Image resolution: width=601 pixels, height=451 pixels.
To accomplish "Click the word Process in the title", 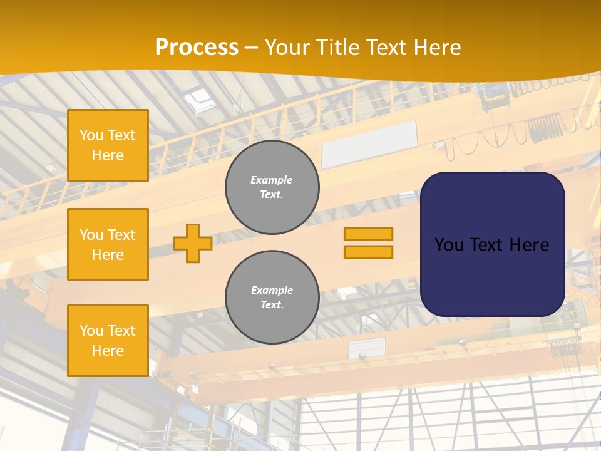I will [x=197, y=48].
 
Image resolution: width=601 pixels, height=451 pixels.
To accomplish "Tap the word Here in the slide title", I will [x=438, y=48].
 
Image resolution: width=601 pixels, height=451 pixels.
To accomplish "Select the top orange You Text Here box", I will [x=108, y=145].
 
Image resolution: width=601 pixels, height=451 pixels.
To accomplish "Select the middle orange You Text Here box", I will [x=108, y=244].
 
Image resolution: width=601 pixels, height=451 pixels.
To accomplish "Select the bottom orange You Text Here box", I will [x=108, y=341].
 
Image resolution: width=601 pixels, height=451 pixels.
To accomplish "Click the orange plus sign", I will [x=193, y=243].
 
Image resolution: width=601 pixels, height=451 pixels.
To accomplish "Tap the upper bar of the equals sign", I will [x=368, y=234].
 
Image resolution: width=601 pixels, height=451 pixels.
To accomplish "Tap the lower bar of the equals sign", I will [x=368, y=252].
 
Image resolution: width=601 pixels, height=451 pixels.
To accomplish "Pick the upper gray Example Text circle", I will [x=272, y=187].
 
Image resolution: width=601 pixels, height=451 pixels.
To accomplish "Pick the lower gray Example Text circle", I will [x=272, y=297].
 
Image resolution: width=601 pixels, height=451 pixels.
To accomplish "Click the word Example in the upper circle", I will [x=272, y=180].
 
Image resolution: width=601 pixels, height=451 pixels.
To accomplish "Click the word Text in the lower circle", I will [x=272, y=305].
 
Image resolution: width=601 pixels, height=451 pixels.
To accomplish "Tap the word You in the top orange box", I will [x=91, y=135].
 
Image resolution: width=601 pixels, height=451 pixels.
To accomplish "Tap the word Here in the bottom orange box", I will [x=108, y=351].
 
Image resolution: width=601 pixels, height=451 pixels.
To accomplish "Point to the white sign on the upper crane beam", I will [x=369, y=144].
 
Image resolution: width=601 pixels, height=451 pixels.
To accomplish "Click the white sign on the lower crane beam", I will [x=367, y=348].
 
